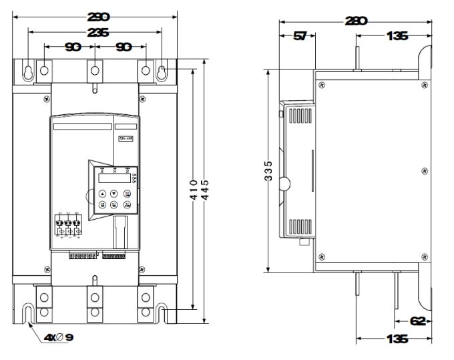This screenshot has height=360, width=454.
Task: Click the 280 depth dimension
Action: [355, 21]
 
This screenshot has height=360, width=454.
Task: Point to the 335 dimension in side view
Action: [267, 170]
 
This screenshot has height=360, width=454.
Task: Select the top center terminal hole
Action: [95, 69]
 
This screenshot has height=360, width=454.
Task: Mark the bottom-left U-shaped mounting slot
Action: [29, 311]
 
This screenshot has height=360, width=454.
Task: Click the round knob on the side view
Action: [284, 183]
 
